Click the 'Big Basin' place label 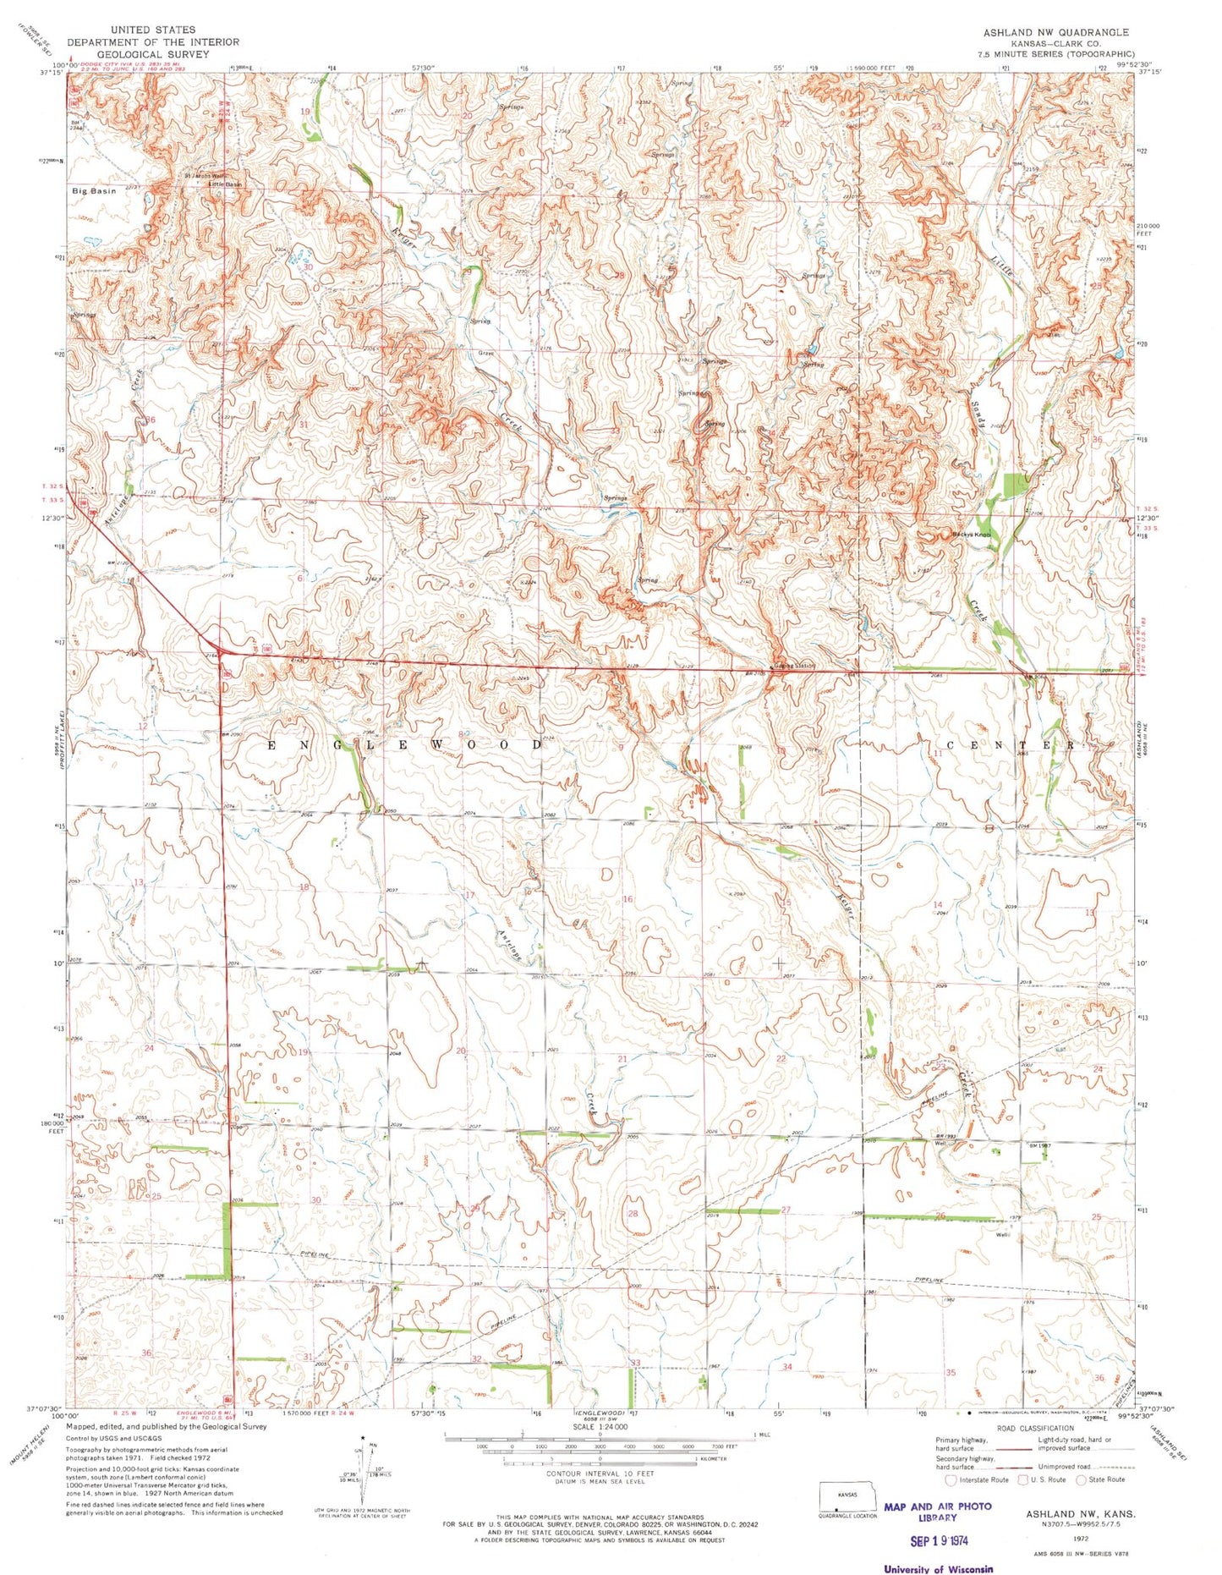click(95, 191)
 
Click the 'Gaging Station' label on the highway click(793, 666)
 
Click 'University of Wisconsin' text click(938, 1569)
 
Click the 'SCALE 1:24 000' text click(600, 1426)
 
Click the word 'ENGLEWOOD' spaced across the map click(406, 744)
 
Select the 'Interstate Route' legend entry click(978, 1479)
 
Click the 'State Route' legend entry click(1101, 1479)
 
